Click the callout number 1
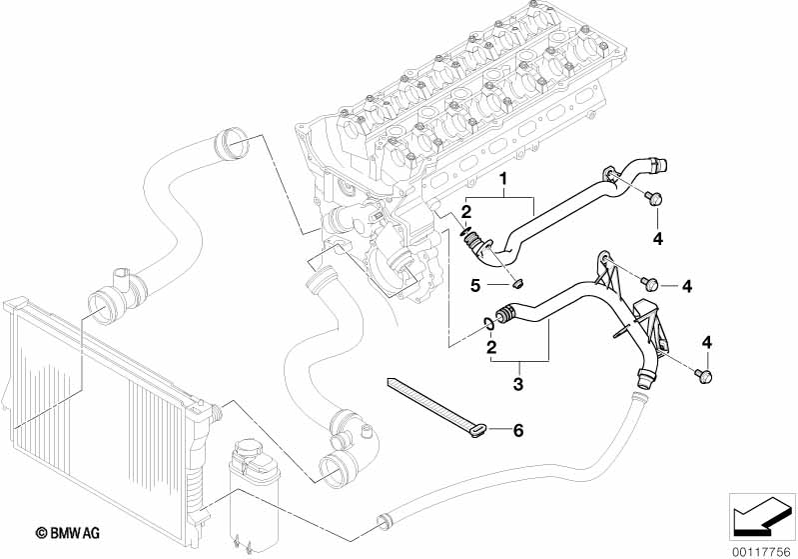click(503, 179)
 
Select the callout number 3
click(517, 384)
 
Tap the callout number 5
click(475, 285)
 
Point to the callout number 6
click(518, 431)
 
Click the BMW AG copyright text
click(67, 533)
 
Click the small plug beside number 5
click(518, 282)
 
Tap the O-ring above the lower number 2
click(487, 323)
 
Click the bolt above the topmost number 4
click(651, 197)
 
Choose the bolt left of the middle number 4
click(649, 283)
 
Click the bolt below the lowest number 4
click(704, 376)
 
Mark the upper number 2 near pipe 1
click(466, 211)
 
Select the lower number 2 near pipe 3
click(491, 348)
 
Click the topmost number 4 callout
click(658, 238)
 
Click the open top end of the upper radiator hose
click(232, 144)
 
